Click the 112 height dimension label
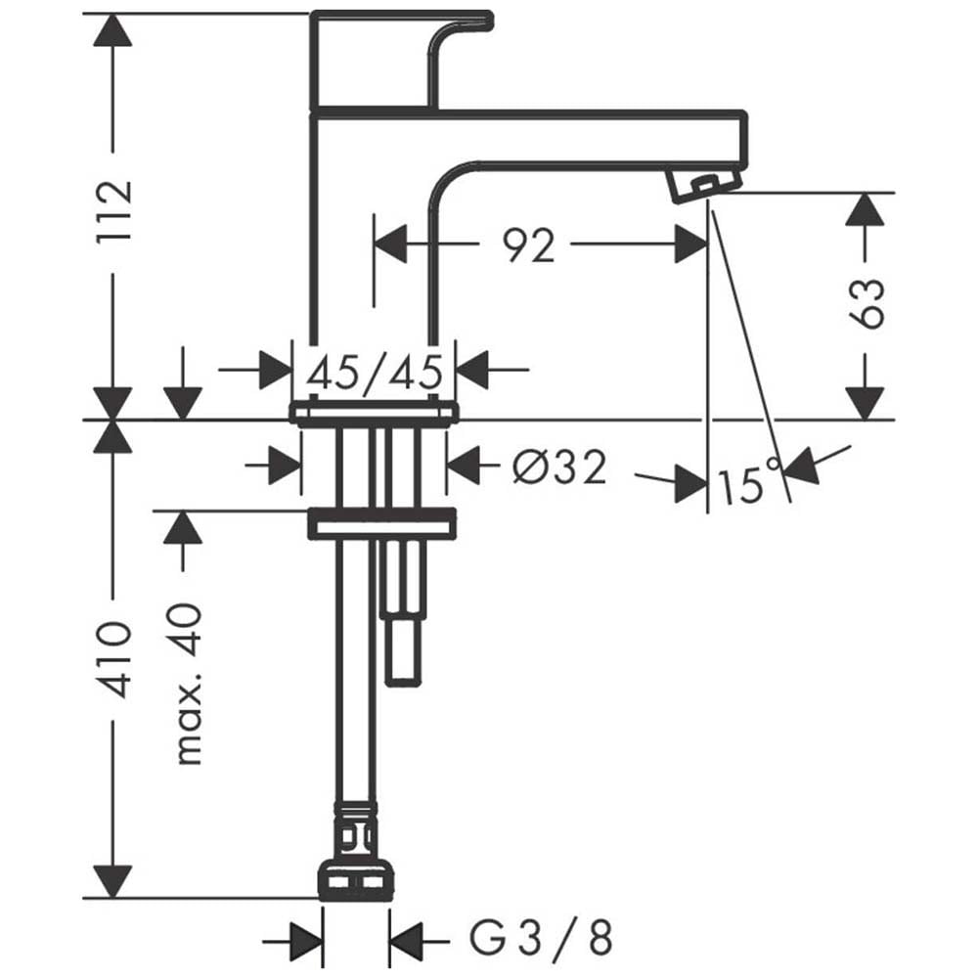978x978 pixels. tap(114, 212)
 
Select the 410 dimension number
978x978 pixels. tap(114, 659)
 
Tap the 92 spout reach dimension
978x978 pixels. tap(528, 245)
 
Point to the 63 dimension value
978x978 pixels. tap(867, 303)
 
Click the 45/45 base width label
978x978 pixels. tap(375, 373)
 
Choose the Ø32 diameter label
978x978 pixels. tap(558, 467)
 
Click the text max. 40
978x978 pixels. tap(189, 684)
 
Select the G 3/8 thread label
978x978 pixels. tap(541, 938)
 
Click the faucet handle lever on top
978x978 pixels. tap(402, 61)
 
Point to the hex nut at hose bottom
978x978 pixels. tap(356, 880)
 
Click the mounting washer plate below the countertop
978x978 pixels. tap(381, 522)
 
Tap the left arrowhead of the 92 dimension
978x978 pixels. tap(390, 244)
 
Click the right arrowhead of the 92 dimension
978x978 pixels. tap(690, 244)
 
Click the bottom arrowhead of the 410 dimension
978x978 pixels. tap(112, 882)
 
